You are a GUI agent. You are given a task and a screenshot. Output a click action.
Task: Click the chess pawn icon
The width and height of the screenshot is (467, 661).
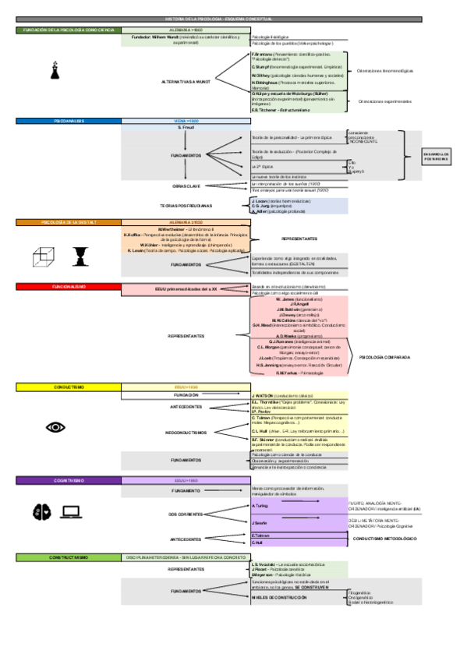tap(54, 71)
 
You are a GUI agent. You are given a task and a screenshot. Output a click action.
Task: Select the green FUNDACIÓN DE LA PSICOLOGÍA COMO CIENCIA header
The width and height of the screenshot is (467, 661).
tap(69, 30)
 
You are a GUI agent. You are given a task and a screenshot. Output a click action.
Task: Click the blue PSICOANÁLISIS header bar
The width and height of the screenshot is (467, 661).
tap(69, 122)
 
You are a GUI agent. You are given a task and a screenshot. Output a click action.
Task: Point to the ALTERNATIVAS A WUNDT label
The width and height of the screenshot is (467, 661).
tap(186, 80)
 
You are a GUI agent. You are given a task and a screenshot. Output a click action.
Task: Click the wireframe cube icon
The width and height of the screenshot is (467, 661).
tap(43, 254)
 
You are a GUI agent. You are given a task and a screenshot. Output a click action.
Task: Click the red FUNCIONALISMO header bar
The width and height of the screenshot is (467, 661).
tap(69, 287)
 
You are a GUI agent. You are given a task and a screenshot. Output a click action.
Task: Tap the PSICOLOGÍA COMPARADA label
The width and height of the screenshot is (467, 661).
tap(384, 356)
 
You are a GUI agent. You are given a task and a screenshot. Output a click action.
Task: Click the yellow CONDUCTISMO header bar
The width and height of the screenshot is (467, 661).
tap(69, 387)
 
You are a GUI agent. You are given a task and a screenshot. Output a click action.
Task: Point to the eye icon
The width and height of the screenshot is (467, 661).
tap(55, 426)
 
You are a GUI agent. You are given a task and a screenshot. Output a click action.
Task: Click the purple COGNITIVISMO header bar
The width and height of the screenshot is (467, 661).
tap(69, 481)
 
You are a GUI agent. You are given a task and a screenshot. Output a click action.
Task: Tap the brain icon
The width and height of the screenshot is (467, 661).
tap(41, 511)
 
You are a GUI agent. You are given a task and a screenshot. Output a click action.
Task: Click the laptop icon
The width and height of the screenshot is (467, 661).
tap(72, 511)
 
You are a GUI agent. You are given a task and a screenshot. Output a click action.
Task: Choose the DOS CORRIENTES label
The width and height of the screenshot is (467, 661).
tap(186, 514)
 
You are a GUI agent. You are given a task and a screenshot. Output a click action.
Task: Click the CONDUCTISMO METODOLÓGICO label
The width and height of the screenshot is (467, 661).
tap(384, 539)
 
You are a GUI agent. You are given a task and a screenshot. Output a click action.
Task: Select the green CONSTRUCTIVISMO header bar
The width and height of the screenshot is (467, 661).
tap(69, 557)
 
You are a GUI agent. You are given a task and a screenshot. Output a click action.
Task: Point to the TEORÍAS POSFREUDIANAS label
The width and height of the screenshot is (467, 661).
tap(186, 206)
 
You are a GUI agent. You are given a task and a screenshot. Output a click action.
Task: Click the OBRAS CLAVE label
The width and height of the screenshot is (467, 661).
tap(186, 186)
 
